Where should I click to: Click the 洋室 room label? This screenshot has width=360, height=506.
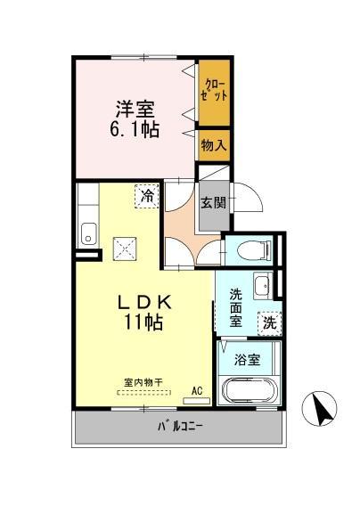click(134, 110)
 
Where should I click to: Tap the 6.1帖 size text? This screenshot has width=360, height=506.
click(134, 131)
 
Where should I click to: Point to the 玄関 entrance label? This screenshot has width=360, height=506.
click(211, 202)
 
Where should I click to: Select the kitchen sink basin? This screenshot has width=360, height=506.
click(88, 235)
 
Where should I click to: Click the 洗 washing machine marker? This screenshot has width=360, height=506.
click(269, 324)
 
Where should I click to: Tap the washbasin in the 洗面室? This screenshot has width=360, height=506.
click(261, 286)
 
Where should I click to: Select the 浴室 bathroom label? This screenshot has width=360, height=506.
click(248, 360)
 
